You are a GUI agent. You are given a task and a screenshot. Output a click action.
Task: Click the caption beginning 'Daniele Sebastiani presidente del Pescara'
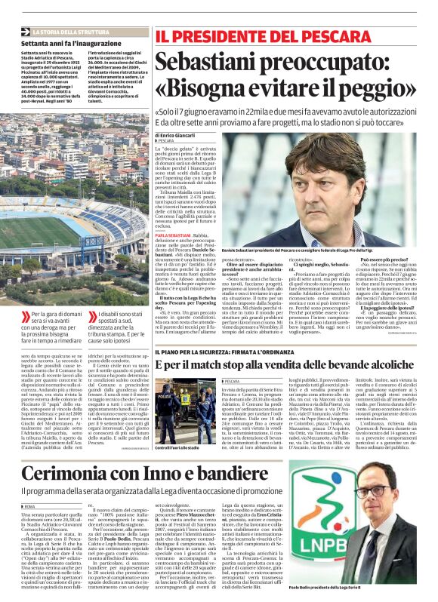(321, 247)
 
